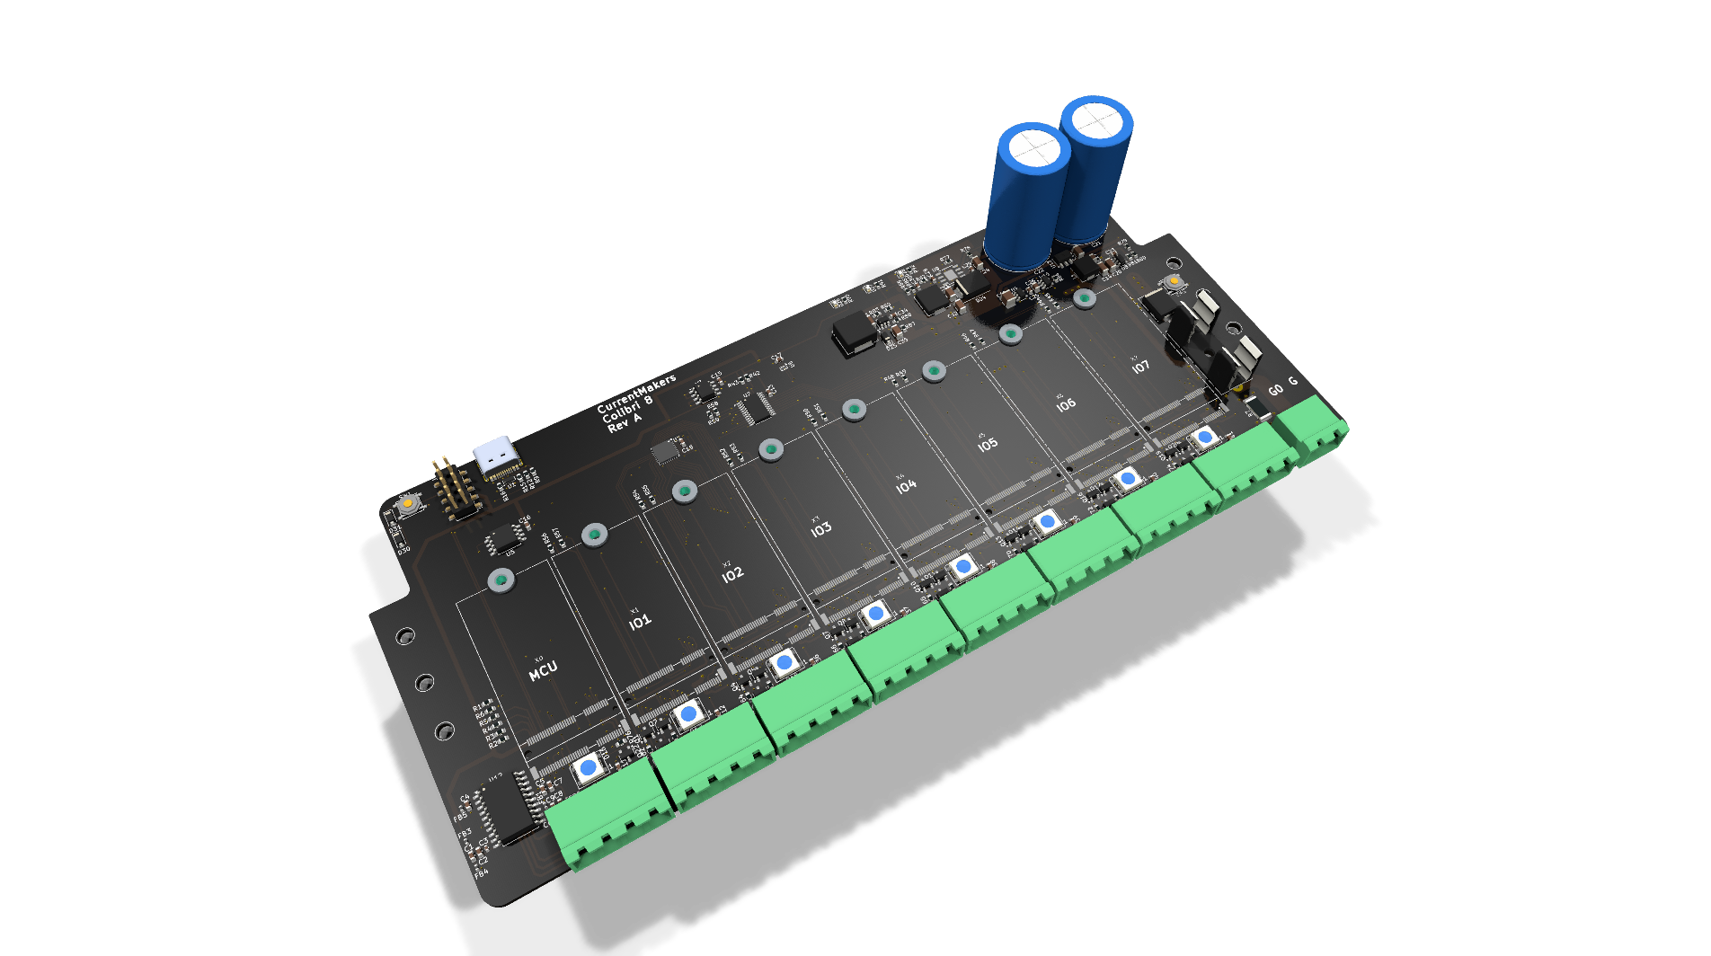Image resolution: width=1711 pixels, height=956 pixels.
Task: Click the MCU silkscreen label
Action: pyautogui.click(x=543, y=670)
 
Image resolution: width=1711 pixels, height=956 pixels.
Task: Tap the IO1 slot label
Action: pyautogui.click(x=639, y=621)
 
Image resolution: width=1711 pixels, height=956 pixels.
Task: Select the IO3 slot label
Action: pyautogui.click(x=820, y=529)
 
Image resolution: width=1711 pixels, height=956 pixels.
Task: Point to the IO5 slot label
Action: pyautogui.click(x=987, y=444)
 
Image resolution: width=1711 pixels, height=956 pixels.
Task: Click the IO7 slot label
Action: pyautogui.click(x=1139, y=367)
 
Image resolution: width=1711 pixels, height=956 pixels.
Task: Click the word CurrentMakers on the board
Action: pyautogui.click(x=635, y=393)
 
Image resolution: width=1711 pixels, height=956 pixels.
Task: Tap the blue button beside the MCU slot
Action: pyautogui.click(x=588, y=769)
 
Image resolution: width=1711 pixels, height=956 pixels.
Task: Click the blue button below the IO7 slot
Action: pyautogui.click(x=1204, y=438)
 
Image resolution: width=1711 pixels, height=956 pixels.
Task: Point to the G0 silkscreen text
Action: pyautogui.click(x=1274, y=390)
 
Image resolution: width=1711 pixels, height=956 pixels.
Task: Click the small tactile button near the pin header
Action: pyautogui.click(x=408, y=504)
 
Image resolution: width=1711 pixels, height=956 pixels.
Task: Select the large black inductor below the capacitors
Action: pyautogui.click(x=854, y=335)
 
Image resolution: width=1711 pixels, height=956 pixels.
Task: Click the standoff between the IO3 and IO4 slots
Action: pyautogui.click(x=854, y=411)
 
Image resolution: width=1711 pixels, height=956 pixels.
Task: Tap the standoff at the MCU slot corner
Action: pyautogui.click(x=501, y=580)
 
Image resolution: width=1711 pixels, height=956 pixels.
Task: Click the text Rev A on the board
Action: pyautogui.click(x=625, y=422)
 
